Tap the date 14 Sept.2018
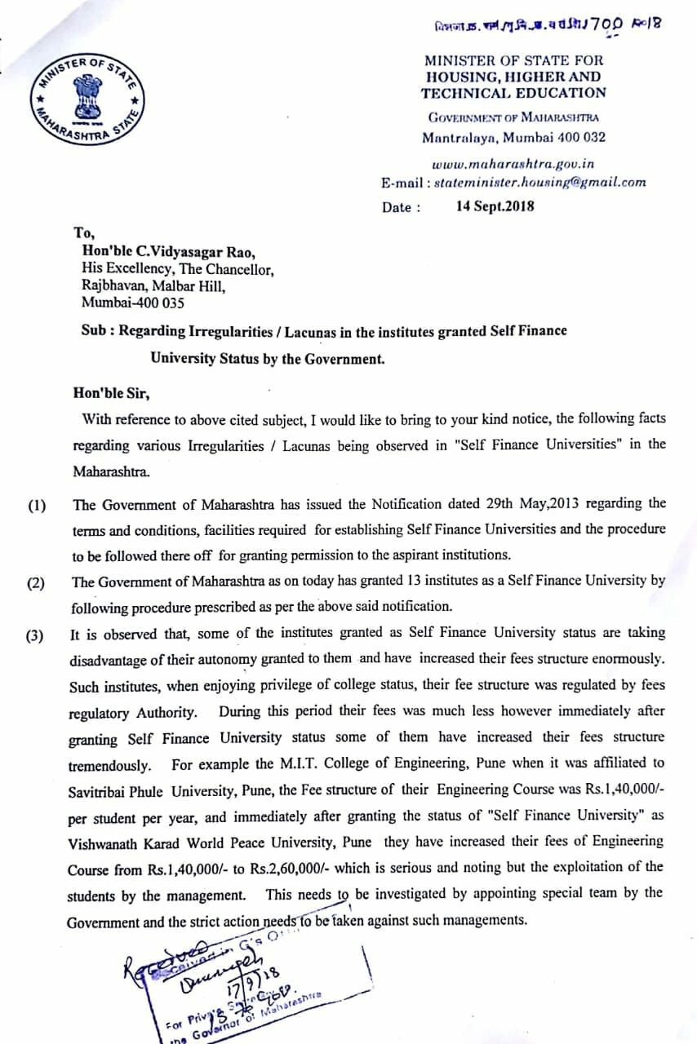(495, 206)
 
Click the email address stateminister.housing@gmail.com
(540, 182)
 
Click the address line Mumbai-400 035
(133, 303)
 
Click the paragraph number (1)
(37, 506)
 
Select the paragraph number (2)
(37, 583)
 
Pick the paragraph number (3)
(37, 636)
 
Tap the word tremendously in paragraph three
(110, 766)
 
